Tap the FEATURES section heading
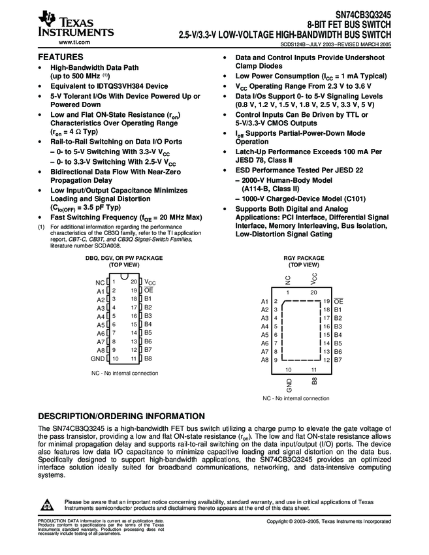point(61,57)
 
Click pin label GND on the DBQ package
point(97,358)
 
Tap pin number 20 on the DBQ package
point(133,282)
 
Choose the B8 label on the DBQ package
point(148,358)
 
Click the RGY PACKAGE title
point(303,258)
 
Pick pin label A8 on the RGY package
point(264,360)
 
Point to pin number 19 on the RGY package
point(326,301)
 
